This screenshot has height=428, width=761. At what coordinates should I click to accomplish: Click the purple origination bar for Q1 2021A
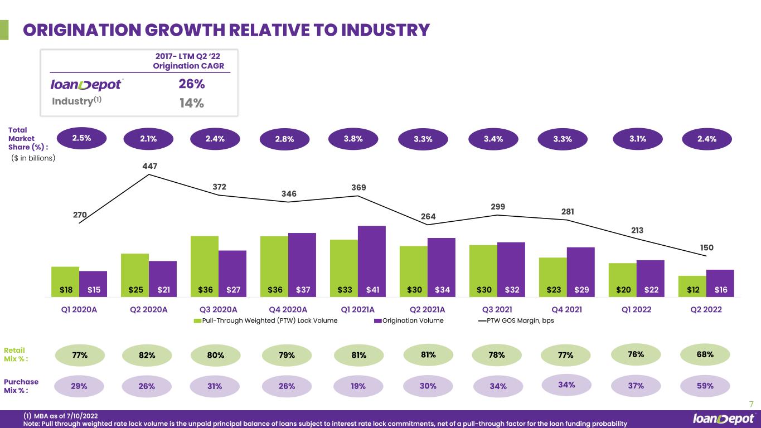click(372, 261)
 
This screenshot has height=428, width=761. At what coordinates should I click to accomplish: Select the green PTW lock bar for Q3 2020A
click(205, 266)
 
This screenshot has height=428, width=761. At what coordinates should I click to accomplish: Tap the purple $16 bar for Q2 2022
click(720, 283)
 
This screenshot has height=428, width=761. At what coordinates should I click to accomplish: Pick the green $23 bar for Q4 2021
click(553, 277)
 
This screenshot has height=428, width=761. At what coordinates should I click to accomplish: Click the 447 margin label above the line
click(150, 166)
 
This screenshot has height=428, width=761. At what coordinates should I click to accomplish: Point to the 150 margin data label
click(707, 247)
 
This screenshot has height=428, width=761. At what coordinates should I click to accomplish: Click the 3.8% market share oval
click(353, 139)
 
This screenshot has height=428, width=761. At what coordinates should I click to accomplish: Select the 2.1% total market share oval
click(148, 139)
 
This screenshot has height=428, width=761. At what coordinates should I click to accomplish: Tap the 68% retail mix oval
click(705, 354)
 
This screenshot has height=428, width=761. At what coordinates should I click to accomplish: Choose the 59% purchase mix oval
click(705, 386)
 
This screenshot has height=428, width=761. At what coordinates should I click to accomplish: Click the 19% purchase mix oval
click(358, 386)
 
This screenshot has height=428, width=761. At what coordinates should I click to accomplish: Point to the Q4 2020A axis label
click(288, 309)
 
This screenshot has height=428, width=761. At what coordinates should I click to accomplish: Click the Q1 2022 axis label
click(636, 309)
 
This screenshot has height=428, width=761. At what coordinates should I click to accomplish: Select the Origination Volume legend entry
click(409, 320)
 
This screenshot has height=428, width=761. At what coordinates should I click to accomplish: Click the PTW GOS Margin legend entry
click(516, 320)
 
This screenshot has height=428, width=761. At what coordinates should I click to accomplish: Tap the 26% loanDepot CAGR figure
click(192, 84)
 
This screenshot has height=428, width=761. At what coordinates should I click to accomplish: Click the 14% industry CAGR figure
click(192, 103)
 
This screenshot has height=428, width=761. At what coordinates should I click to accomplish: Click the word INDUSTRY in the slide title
click(385, 30)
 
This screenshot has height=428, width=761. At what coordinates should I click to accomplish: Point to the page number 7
click(752, 404)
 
